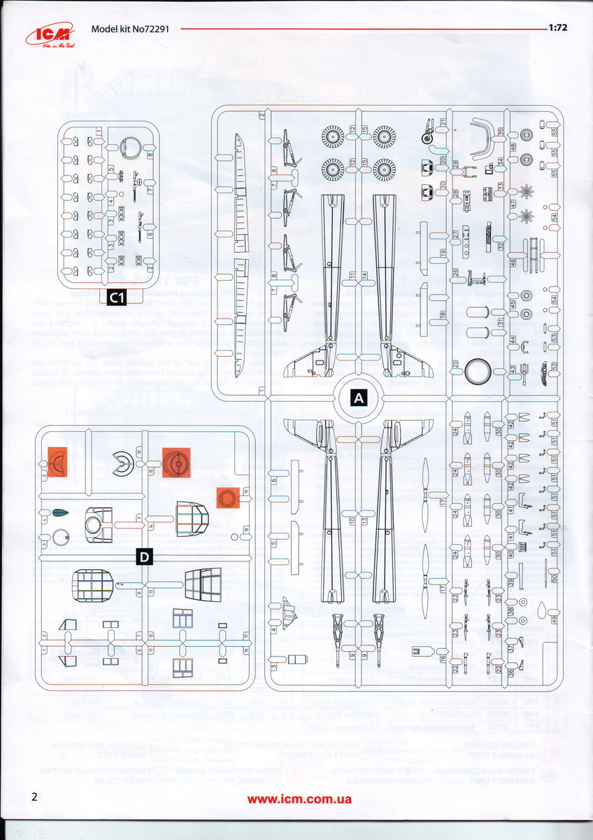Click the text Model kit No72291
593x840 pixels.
[131, 29]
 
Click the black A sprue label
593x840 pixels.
[359, 398]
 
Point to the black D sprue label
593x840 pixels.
[144, 557]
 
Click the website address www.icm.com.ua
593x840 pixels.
[299, 799]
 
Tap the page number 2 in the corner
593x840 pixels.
[34, 797]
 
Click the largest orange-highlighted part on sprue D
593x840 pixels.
[176, 463]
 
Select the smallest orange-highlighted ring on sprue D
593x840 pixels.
[228, 498]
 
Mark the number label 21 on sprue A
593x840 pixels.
[443, 122]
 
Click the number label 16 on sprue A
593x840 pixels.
[443, 658]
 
